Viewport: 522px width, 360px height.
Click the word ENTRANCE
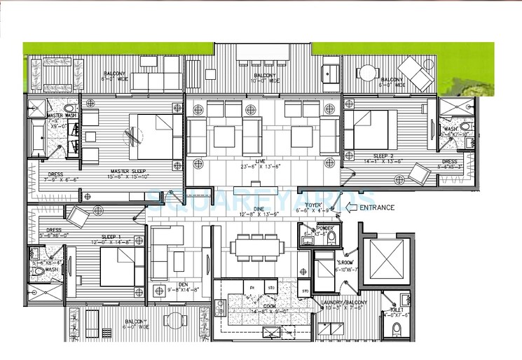click(x=376, y=207)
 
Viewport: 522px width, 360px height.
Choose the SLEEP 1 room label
click(x=111, y=237)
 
